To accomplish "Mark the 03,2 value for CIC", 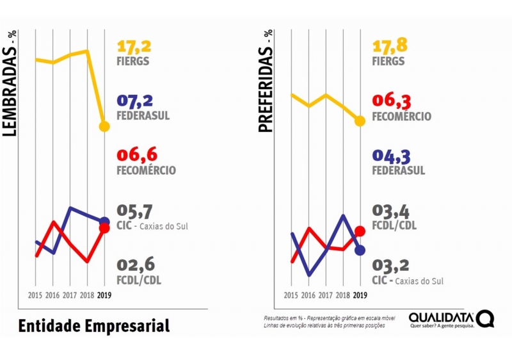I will coord(390,265).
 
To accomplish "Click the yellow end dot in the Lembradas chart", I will coord(104,126).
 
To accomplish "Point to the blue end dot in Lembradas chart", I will coord(104,221).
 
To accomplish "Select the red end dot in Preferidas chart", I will coord(360,231).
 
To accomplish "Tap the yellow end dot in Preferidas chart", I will coord(360,120).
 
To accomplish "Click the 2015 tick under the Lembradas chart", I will coord(36,295).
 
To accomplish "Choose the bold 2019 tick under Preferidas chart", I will coord(360,295).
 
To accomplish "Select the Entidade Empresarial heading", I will coord(94,325).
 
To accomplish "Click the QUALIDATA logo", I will coord(451,318).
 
